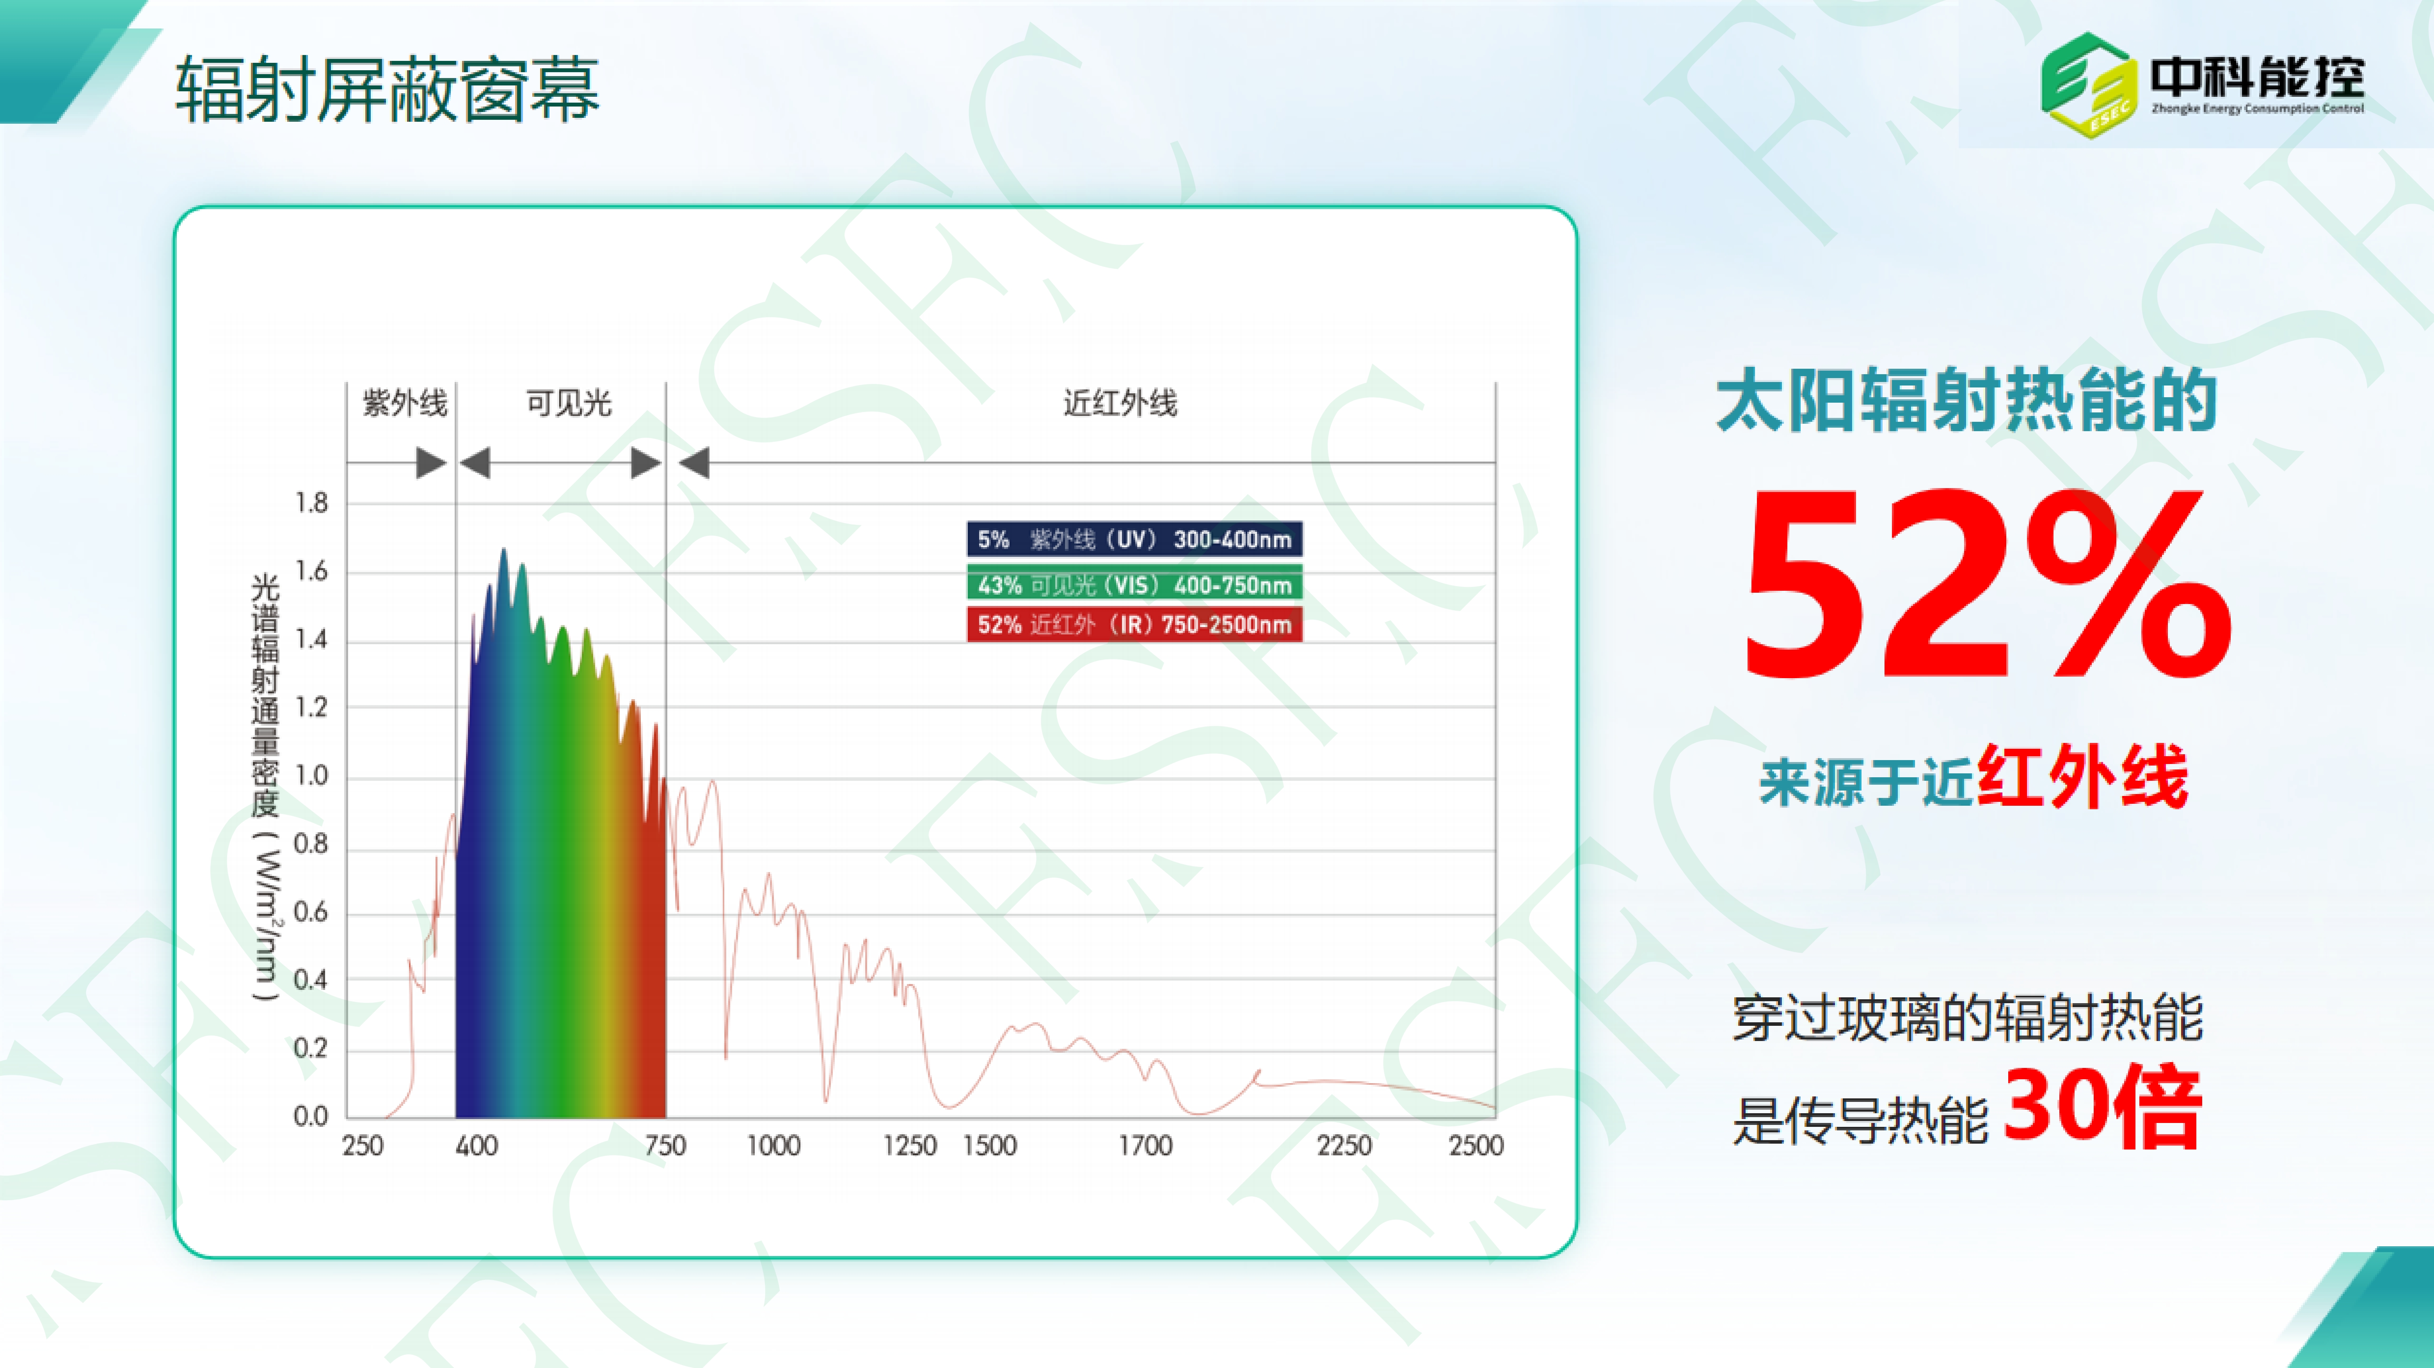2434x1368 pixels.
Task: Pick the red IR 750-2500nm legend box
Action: tap(1134, 624)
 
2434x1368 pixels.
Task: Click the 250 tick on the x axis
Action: tap(363, 1146)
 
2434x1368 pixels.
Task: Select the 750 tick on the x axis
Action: tap(665, 1146)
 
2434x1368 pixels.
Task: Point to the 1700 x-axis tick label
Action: tap(1145, 1146)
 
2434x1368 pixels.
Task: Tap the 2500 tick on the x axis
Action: tap(1476, 1146)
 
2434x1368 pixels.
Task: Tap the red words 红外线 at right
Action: tap(2082, 776)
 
